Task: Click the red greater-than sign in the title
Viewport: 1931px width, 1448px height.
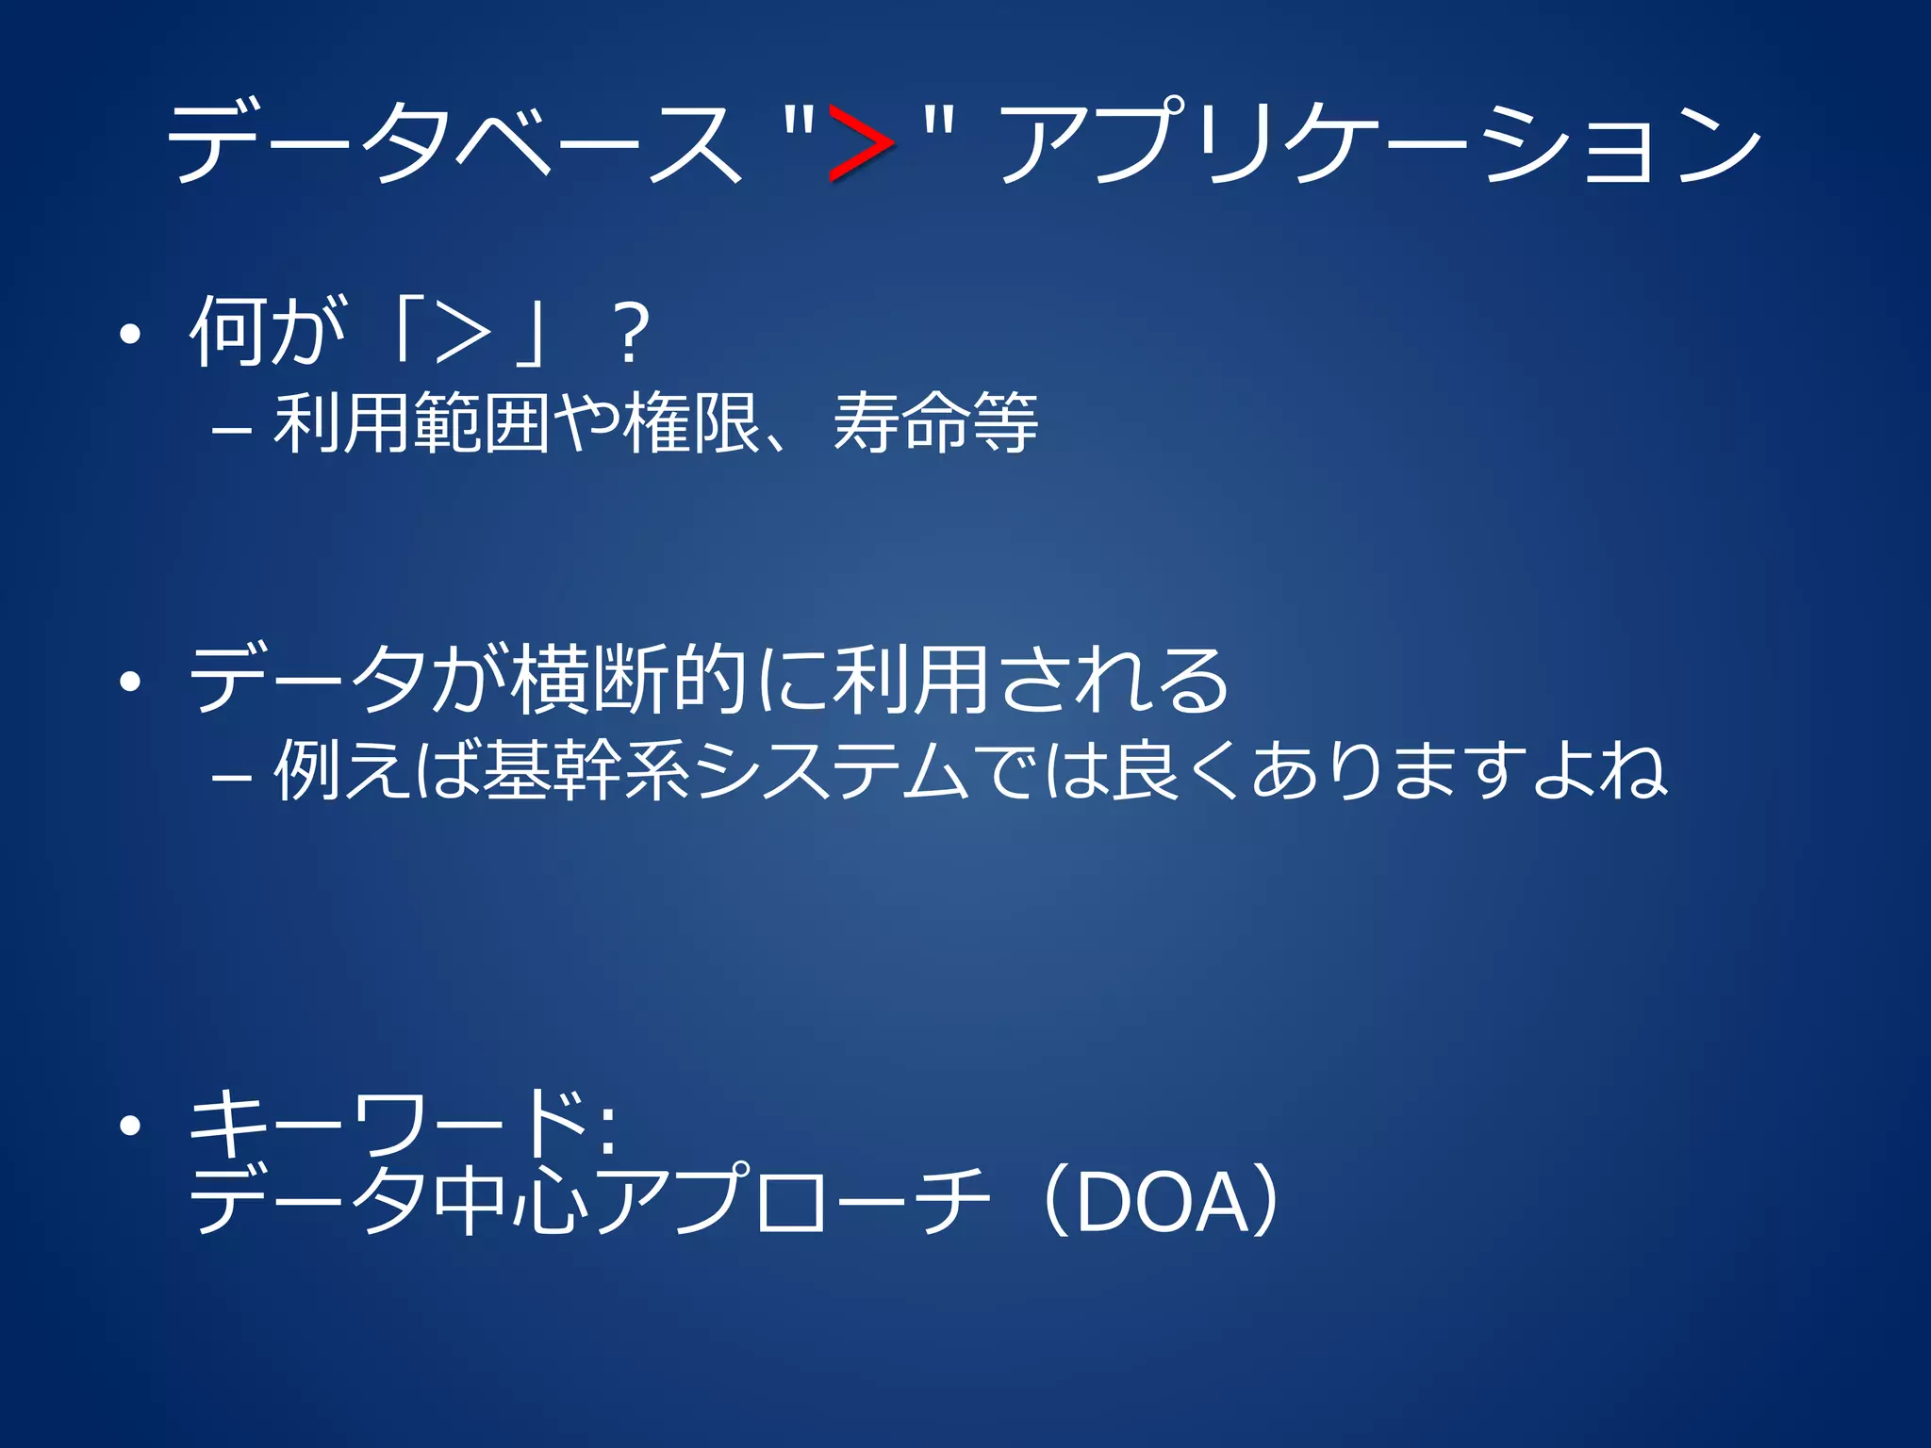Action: point(860,143)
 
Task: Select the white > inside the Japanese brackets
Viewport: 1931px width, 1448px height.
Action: point(464,334)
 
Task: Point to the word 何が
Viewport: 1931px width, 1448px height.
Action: point(268,332)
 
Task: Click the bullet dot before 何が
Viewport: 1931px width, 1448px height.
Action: point(130,334)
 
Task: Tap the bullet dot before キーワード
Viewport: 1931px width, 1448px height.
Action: point(130,1126)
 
